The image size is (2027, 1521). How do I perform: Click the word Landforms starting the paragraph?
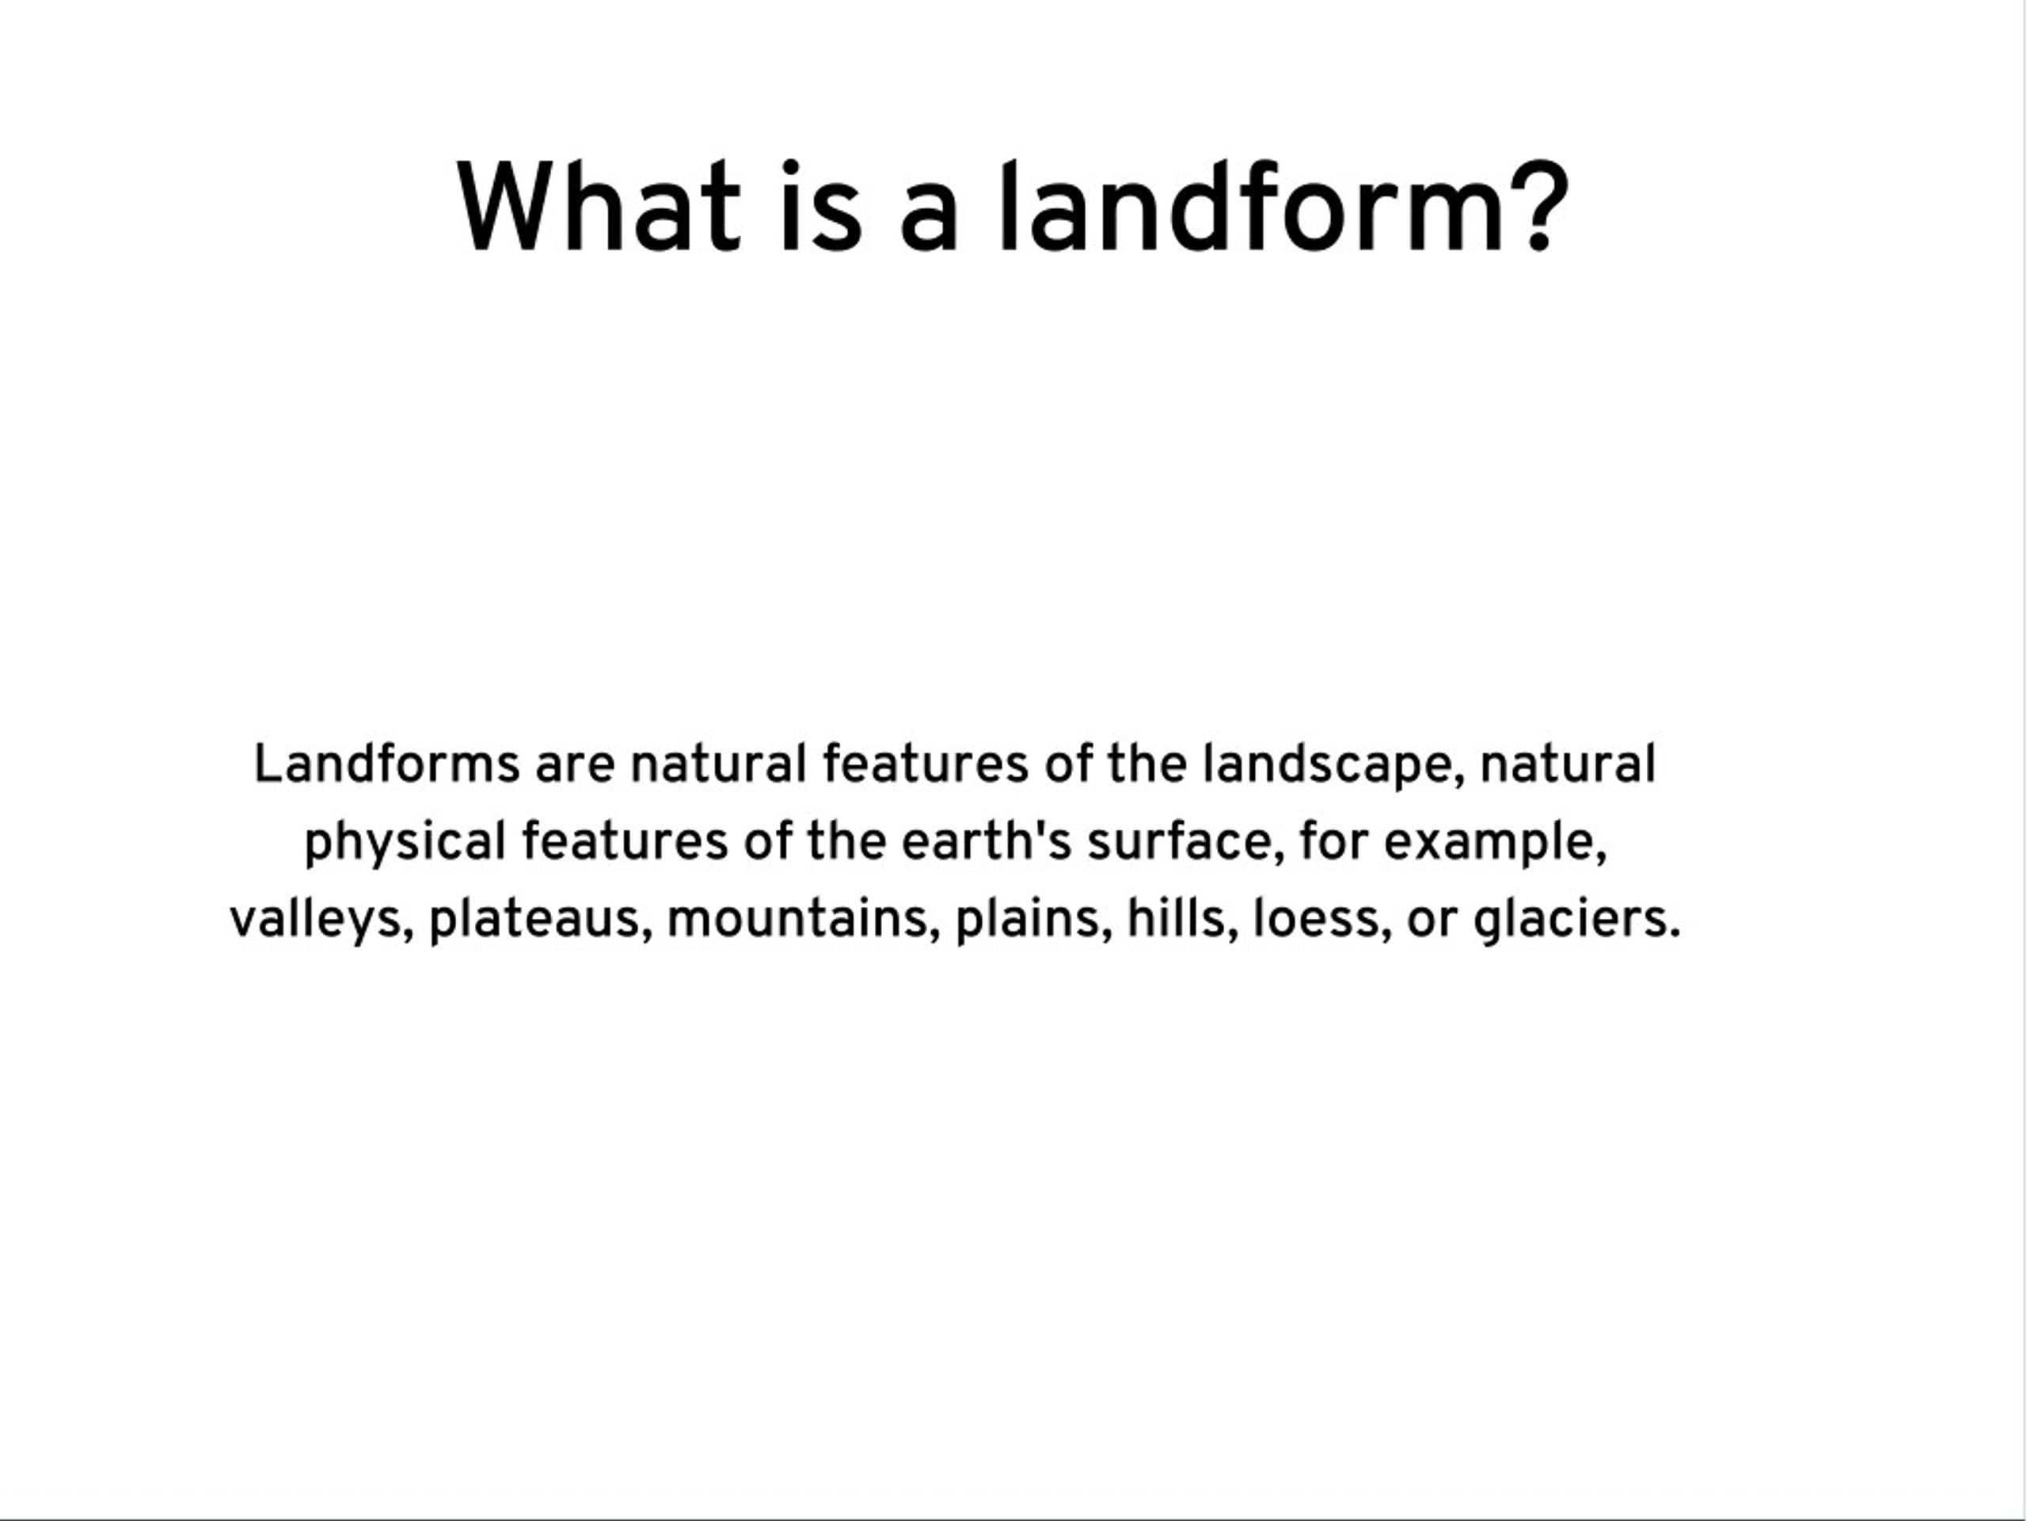click(386, 763)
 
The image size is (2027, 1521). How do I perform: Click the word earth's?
click(986, 841)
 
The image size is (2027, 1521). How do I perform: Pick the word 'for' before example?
click(1334, 841)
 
